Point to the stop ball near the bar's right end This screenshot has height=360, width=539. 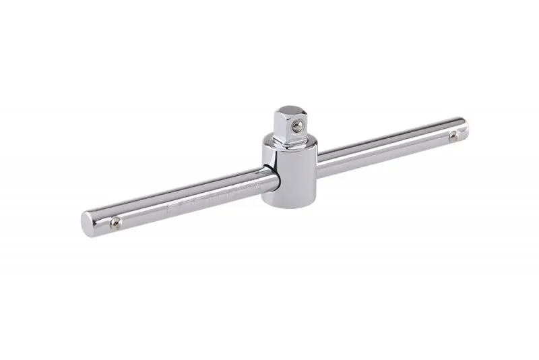point(452,137)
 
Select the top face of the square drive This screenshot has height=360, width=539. point(289,108)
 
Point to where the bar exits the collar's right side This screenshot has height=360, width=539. point(317,167)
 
